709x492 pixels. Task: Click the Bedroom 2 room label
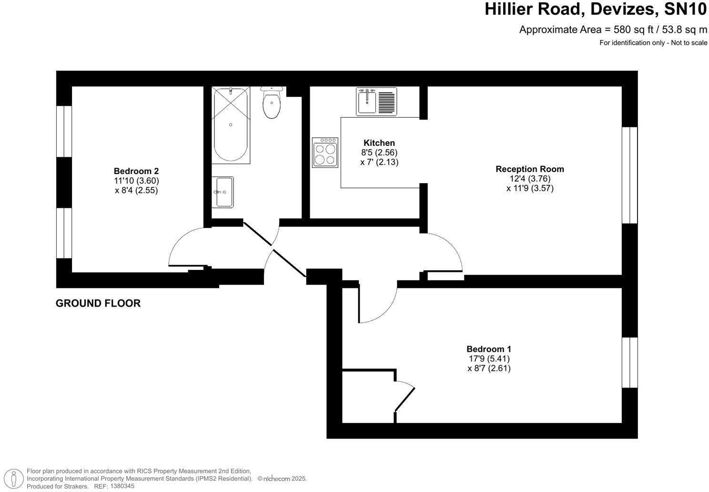(x=136, y=171)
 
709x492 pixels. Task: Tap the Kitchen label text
(x=379, y=143)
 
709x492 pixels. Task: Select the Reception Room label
(x=530, y=169)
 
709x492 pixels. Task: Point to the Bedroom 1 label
(x=489, y=349)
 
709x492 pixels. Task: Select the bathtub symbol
(x=231, y=125)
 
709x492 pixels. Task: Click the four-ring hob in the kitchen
(x=325, y=153)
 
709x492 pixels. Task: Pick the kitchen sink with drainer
(x=376, y=101)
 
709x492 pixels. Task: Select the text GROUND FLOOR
(x=98, y=303)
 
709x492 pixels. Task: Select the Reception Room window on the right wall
(x=630, y=175)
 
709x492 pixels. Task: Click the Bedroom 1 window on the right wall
(x=630, y=362)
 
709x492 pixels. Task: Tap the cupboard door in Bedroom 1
(x=405, y=399)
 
